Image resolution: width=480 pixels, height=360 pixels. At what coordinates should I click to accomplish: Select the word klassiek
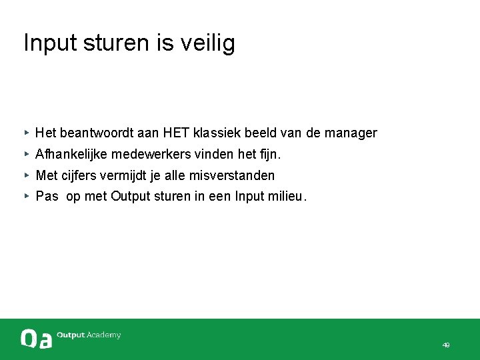[x=218, y=133]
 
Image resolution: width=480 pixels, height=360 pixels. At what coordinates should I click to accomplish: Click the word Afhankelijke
[x=71, y=155]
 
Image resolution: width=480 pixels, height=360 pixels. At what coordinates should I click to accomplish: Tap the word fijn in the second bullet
[x=269, y=155]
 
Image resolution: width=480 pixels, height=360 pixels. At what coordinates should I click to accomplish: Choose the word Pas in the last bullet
[x=47, y=197]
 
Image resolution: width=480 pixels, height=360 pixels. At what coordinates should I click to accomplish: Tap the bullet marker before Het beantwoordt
[x=26, y=133]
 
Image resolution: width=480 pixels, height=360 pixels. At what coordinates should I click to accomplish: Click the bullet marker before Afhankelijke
[x=26, y=154]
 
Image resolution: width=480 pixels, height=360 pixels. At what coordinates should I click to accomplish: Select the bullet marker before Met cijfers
[x=26, y=175]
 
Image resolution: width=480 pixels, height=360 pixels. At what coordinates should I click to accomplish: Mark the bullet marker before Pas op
[x=26, y=197]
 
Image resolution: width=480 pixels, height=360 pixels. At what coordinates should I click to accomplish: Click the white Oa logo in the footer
[x=36, y=339]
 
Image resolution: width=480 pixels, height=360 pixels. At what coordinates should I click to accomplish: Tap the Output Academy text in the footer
[x=89, y=335]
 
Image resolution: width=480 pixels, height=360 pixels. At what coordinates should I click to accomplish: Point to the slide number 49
[x=446, y=345]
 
